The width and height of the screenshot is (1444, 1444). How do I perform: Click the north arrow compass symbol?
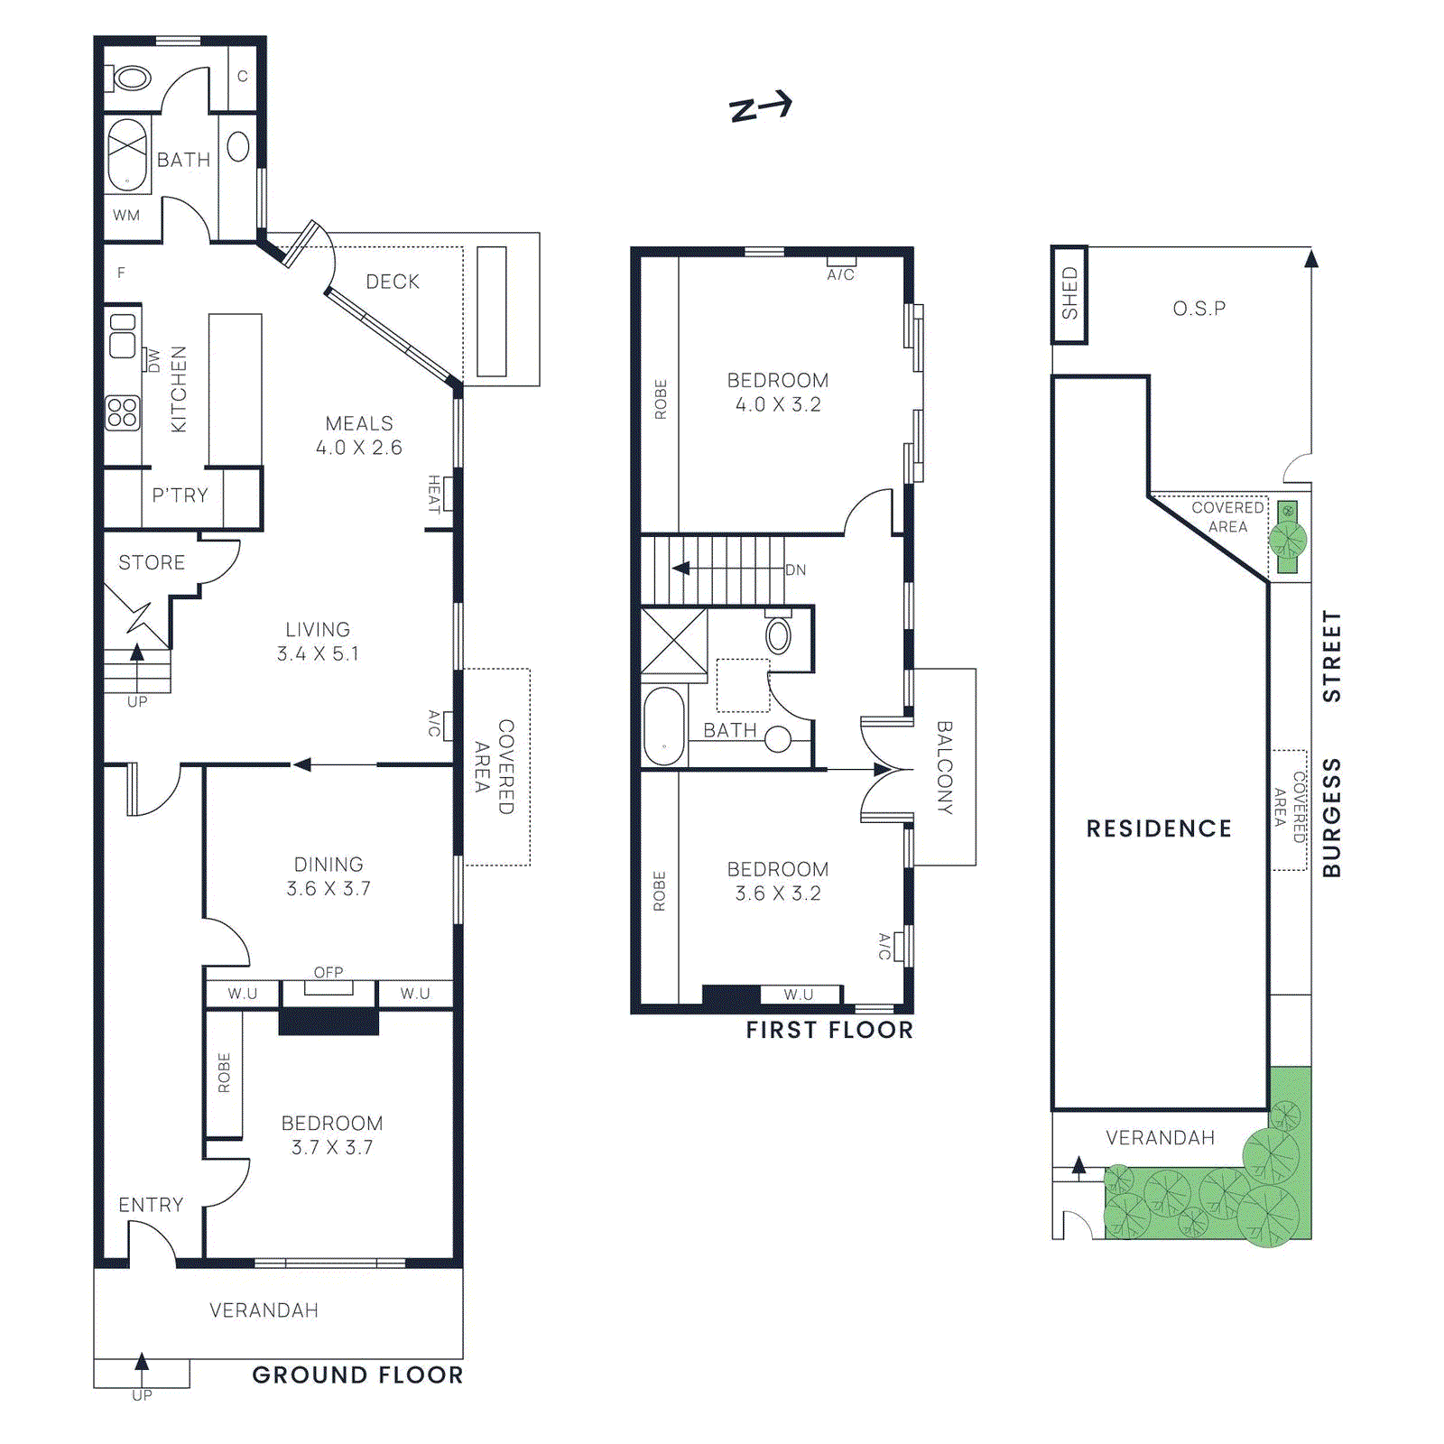tap(760, 107)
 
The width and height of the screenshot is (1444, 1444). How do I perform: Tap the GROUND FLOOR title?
tap(357, 1375)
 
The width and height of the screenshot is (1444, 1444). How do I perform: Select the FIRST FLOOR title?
tap(828, 1030)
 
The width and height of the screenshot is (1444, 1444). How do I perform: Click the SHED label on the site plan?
tap(1069, 293)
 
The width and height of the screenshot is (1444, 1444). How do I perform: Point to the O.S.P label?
tap(1199, 309)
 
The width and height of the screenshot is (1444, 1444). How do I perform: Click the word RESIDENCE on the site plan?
tap(1159, 828)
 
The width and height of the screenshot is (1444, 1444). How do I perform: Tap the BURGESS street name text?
tap(1331, 818)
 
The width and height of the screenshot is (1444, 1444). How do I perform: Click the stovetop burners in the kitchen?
tap(123, 412)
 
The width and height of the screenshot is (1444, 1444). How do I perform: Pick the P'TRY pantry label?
tap(180, 495)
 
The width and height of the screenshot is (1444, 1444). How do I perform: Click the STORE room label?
tap(152, 562)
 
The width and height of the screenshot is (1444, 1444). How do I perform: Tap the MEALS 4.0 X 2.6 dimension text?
tap(359, 448)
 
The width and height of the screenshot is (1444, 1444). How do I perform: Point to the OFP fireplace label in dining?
tap(329, 972)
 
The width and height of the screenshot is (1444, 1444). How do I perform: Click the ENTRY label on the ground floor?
tap(151, 1205)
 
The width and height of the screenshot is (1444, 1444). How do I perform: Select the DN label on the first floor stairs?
tap(795, 569)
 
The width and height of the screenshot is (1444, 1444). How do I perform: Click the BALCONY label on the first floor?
tap(944, 767)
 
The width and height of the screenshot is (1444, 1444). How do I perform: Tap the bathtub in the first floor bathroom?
tap(664, 727)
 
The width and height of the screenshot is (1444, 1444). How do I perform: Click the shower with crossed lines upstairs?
tap(673, 641)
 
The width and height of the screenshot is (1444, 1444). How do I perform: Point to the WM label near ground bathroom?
tap(126, 216)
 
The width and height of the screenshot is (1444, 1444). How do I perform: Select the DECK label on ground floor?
tap(393, 282)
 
